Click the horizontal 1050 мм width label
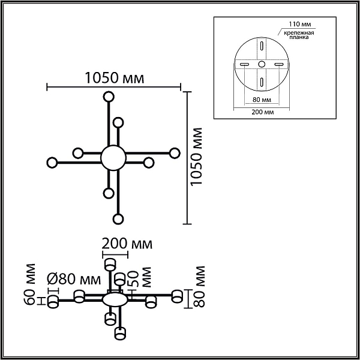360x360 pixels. (115, 77)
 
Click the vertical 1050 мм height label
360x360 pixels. (196, 157)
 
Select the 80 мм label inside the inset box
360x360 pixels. (262, 100)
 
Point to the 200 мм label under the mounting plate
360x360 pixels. (263, 112)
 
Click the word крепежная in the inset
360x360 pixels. (299, 32)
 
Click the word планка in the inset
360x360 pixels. (299, 37)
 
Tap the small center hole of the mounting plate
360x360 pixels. (262, 64)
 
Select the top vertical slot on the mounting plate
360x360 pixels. (262, 45)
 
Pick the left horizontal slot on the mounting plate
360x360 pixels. (244, 64)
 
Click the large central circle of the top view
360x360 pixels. (113, 158)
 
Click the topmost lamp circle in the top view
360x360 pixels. (109, 97)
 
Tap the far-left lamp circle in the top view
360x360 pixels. (52, 163)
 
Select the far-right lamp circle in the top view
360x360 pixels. (175, 153)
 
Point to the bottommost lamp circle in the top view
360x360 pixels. (118, 219)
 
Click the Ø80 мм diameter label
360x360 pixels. (74, 279)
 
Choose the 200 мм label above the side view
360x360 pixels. (127, 244)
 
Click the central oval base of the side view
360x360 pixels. (115, 300)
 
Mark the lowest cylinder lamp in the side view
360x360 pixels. (121, 334)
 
